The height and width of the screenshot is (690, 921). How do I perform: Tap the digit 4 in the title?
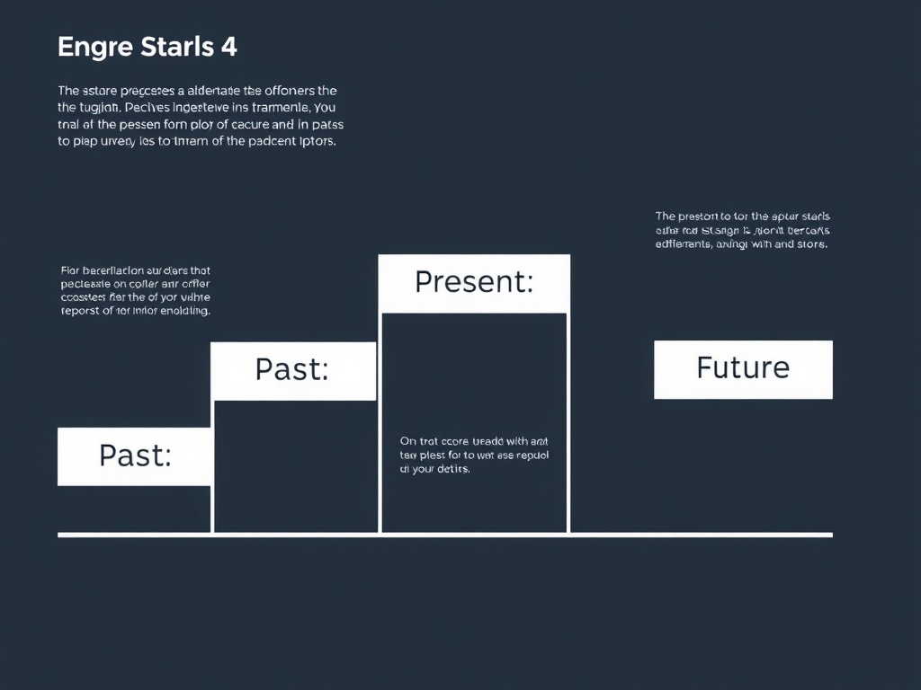(x=228, y=47)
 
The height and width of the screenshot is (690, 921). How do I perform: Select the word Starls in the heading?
(x=177, y=47)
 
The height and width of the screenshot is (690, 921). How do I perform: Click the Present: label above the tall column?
(x=474, y=282)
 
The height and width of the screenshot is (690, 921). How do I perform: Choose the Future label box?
(x=743, y=367)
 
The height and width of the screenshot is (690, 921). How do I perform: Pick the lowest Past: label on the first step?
(x=135, y=456)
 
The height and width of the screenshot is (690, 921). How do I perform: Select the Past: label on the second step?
(x=292, y=369)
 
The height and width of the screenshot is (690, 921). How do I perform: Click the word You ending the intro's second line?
(x=322, y=108)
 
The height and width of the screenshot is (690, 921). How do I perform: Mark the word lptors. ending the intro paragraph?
(x=314, y=142)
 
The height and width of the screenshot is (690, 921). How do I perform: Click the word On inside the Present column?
(x=408, y=441)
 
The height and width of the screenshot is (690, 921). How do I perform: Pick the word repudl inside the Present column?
(x=531, y=455)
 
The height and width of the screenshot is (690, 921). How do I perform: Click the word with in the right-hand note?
(x=756, y=243)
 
